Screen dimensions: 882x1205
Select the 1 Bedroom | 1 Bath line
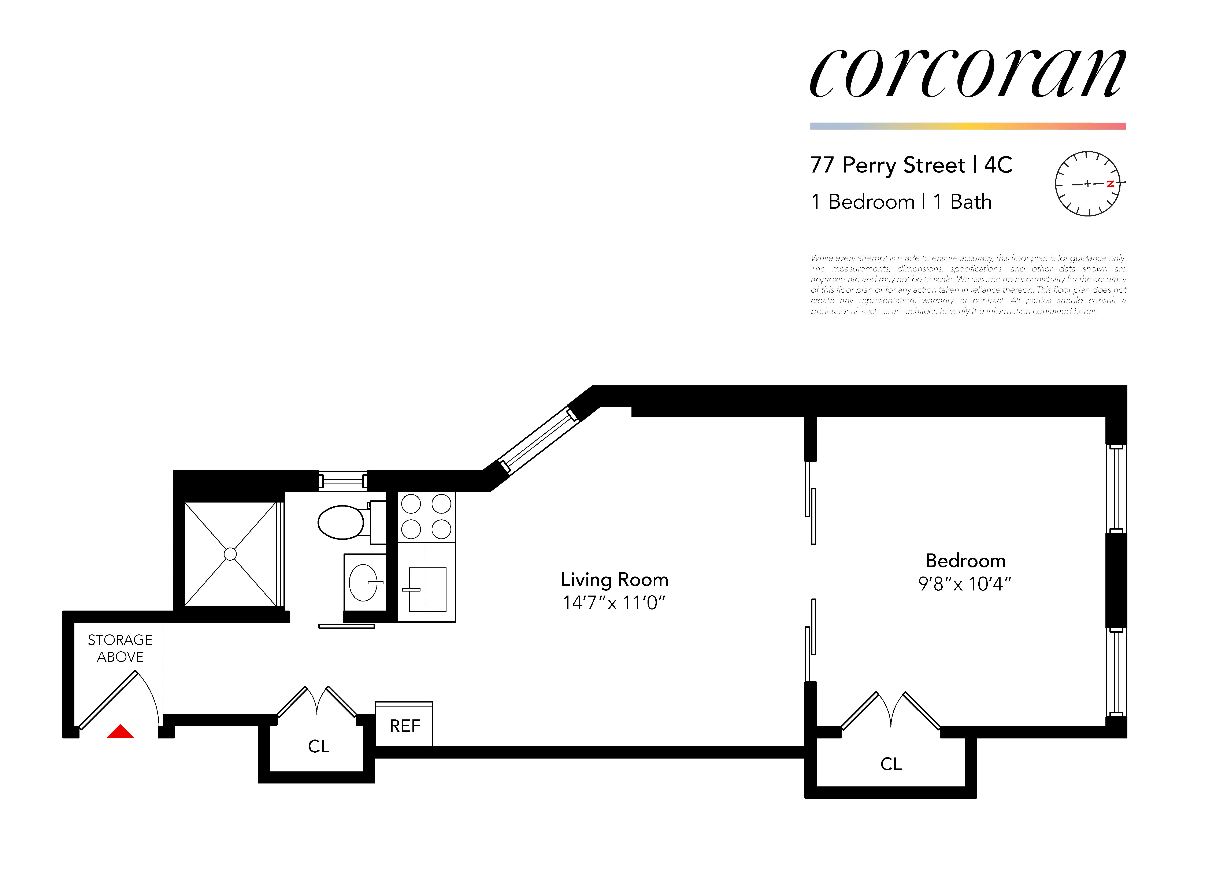click(x=901, y=202)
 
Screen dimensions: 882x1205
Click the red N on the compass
click(x=1110, y=184)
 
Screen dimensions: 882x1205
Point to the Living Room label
click(x=614, y=580)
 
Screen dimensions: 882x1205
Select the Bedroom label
click(x=965, y=561)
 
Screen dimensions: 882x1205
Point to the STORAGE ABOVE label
click(x=120, y=648)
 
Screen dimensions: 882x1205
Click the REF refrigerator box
click(x=404, y=726)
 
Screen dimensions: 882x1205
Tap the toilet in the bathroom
click(x=342, y=522)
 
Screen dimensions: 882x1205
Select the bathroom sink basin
click(x=364, y=582)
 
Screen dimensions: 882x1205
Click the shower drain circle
click(x=230, y=554)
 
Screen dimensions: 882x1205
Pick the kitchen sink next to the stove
click(x=427, y=589)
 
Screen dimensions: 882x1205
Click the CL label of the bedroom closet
click(x=890, y=764)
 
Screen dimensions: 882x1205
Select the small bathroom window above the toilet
click(x=343, y=481)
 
